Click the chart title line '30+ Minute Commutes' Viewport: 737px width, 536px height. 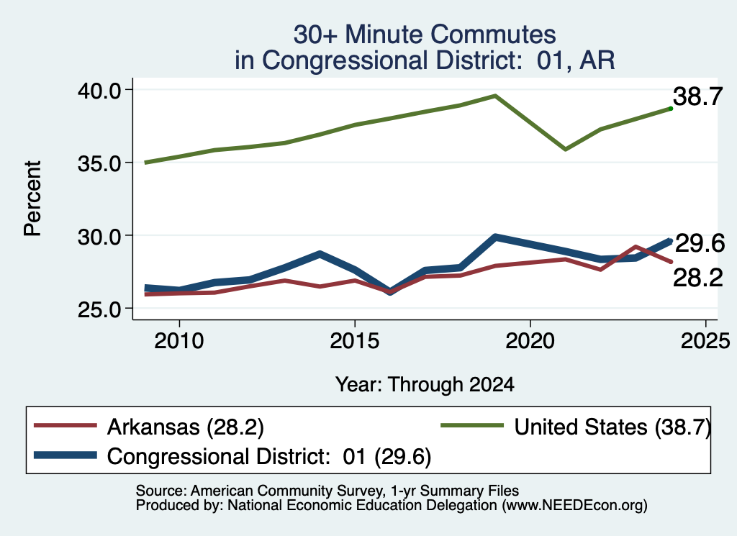pos(425,35)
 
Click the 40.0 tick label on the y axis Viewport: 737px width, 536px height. pos(99,90)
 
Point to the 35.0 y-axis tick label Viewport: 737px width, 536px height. pos(99,163)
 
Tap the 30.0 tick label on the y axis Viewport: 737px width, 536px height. pos(99,236)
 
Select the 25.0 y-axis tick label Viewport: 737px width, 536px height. pos(99,309)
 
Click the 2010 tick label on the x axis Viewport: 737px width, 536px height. pos(179,340)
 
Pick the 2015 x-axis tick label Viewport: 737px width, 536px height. pos(354,340)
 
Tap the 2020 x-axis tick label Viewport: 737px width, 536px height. pos(530,340)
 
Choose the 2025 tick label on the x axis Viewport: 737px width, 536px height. pos(705,340)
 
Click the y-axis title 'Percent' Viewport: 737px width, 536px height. pos(33,199)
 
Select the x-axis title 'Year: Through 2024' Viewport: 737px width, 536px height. pos(425,384)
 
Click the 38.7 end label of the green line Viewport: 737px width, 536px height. pos(697,97)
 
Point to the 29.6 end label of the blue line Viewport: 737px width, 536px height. pos(700,243)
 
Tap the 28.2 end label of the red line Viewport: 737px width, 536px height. pos(697,278)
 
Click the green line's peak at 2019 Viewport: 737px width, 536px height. pos(495,96)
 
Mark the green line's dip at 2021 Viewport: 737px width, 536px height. pos(565,150)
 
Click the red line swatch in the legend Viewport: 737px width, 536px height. pos(65,426)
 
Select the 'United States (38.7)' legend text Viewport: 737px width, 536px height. pos(612,427)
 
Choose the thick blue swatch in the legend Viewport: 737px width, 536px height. pos(65,455)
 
